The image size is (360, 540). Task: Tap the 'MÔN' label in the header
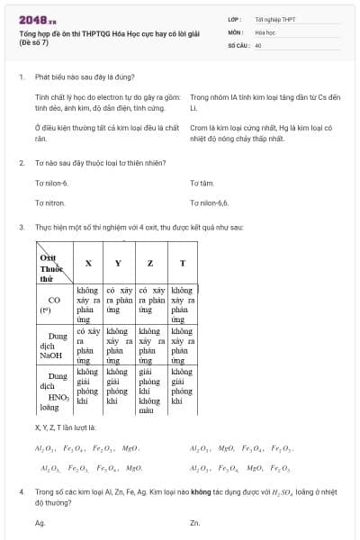(236, 31)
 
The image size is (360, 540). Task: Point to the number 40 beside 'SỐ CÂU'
(258, 44)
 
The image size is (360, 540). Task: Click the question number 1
(21, 77)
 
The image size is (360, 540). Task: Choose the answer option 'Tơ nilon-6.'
(52, 183)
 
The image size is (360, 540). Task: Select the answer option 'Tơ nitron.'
(50, 202)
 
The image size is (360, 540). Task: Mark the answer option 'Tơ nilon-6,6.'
(210, 202)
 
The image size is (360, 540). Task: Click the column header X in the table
(88, 264)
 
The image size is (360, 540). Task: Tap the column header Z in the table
(149, 264)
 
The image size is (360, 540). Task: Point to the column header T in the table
(183, 264)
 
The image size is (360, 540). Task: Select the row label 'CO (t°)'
(54, 304)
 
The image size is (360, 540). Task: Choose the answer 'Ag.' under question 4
(40, 522)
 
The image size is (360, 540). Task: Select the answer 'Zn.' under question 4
(195, 522)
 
